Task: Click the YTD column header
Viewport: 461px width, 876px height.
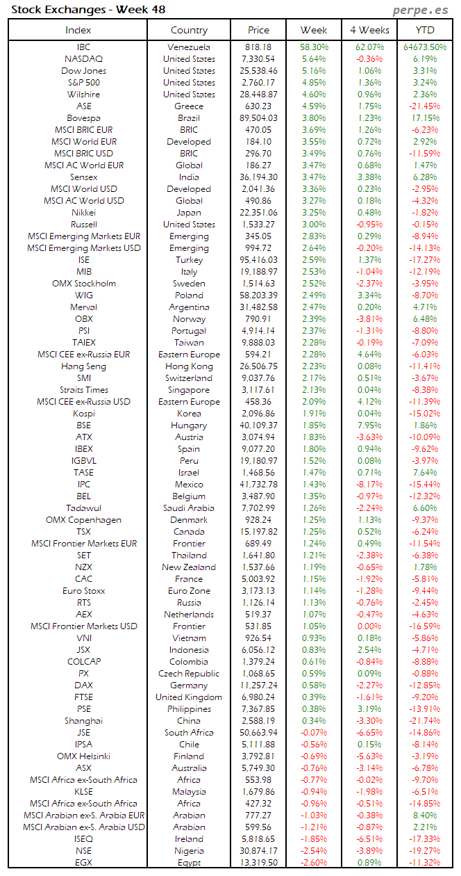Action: pyautogui.click(x=426, y=30)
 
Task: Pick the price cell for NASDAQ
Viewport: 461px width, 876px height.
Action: pyautogui.click(x=258, y=59)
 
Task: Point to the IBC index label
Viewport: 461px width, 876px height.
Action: pyautogui.click(x=83, y=47)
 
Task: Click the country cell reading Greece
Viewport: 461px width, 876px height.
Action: pyautogui.click(x=189, y=106)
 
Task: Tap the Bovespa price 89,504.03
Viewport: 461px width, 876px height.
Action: pyautogui.click(x=258, y=118)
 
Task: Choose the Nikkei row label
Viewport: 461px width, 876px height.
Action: pyautogui.click(x=83, y=213)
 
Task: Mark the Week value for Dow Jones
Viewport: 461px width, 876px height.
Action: pyautogui.click(x=314, y=71)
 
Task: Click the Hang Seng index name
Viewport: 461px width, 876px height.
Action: pyautogui.click(x=83, y=366)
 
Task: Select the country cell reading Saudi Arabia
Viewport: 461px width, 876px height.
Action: pyautogui.click(x=189, y=508)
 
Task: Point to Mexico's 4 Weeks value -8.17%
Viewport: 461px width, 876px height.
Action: pyautogui.click(x=369, y=485)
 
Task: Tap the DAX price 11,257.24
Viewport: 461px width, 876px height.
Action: pyautogui.click(x=258, y=686)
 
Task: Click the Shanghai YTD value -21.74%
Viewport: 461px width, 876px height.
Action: pyautogui.click(x=426, y=721)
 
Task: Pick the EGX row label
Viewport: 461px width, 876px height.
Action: pyautogui.click(x=83, y=863)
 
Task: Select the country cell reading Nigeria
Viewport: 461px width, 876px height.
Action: pyautogui.click(x=189, y=851)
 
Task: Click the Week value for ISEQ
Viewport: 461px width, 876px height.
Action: pyautogui.click(x=314, y=839)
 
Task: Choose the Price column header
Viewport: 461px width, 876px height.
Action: pyautogui.click(x=258, y=30)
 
